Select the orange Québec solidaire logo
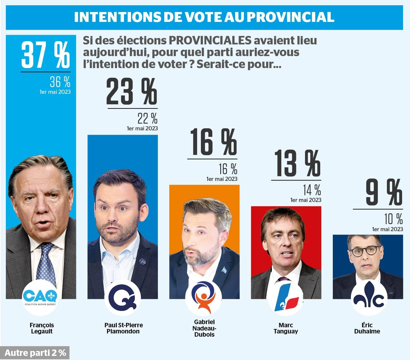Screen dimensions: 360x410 pyautogui.click(x=204, y=297)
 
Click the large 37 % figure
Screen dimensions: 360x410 pyautogui.click(x=46, y=55)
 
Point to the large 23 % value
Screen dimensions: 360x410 pyautogui.click(x=132, y=92)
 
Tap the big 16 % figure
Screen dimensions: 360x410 pyautogui.click(x=213, y=142)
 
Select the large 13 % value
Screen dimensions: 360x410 pyautogui.click(x=297, y=164)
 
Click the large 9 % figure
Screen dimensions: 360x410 pyautogui.click(x=384, y=193)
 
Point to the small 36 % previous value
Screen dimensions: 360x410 pyautogui.click(x=60, y=82)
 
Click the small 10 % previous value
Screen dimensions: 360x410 pyautogui.click(x=393, y=219)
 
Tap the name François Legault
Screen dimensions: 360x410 pyautogui.click(x=42, y=328)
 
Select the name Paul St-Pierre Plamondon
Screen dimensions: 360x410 pyautogui.click(x=123, y=328)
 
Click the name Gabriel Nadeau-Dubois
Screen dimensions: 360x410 pyautogui.click(x=204, y=328)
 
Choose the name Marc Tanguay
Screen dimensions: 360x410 pyautogui.click(x=286, y=328)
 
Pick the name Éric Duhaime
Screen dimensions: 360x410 pyautogui.click(x=367, y=328)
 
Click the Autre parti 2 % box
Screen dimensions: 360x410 pyautogui.click(x=35, y=353)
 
